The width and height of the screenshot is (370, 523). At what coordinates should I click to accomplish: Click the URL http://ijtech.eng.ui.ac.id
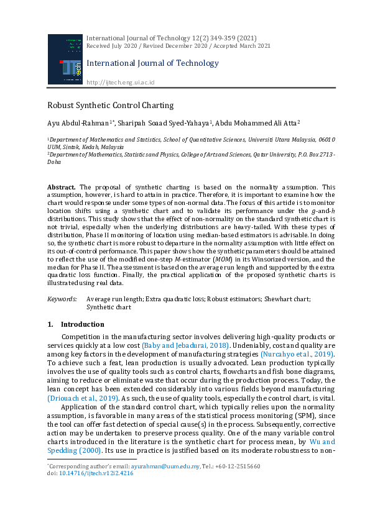coord(120,82)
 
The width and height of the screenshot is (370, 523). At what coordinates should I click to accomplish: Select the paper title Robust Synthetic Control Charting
coord(110,106)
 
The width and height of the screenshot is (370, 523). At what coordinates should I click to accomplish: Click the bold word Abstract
coord(62,187)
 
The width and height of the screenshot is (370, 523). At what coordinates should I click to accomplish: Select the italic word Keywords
coord(63,299)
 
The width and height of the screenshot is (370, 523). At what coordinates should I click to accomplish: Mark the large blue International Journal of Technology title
coord(152,63)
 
